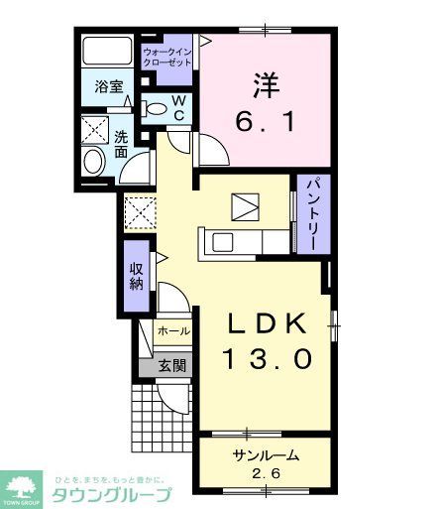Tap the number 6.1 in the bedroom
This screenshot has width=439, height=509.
click(x=264, y=122)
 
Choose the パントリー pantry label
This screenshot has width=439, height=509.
click(x=309, y=215)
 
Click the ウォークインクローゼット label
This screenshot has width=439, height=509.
click(x=166, y=56)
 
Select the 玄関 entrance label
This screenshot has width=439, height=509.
click(x=172, y=365)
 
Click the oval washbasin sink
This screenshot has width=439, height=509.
click(x=93, y=163)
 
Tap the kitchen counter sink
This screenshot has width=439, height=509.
click(x=219, y=240)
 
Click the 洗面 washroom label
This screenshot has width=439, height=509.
click(x=119, y=145)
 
